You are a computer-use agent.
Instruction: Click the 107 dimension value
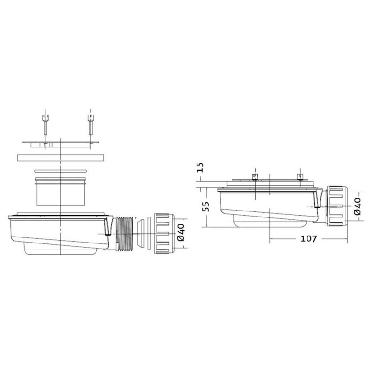pyautogui.click(x=308, y=239)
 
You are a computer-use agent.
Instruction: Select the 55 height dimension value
pyautogui.click(x=206, y=207)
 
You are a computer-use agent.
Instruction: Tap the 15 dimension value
pyautogui.click(x=200, y=167)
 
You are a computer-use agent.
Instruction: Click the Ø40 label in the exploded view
pyautogui.click(x=180, y=232)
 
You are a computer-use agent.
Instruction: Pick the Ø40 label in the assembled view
pyautogui.click(x=358, y=206)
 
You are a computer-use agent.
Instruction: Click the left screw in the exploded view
pyautogui.click(x=45, y=125)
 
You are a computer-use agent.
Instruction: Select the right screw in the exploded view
pyautogui.click(x=90, y=125)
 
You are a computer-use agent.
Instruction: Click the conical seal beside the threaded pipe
pyautogui.click(x=141, y=234)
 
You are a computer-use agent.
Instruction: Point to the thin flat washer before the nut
pyautogui.click(x=149, y=234)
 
